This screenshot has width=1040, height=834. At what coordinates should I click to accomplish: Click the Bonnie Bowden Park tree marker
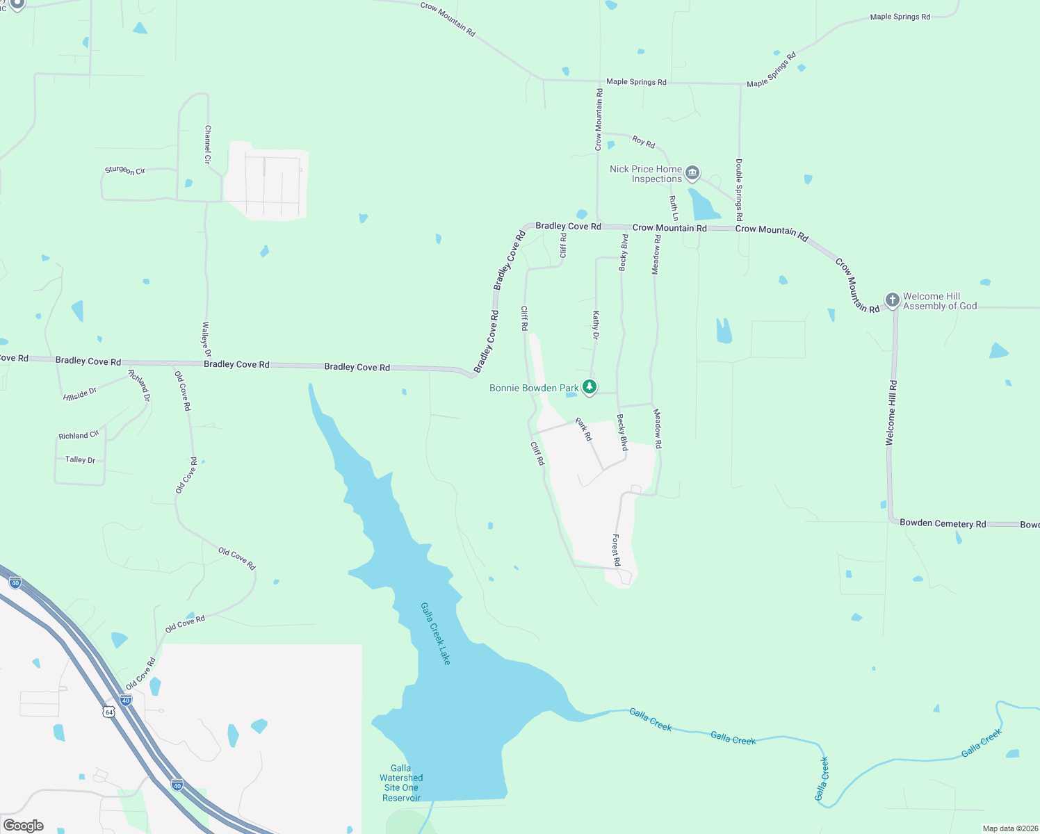coord(590,387)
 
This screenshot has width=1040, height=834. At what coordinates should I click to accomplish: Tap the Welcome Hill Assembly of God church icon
coord(892,300)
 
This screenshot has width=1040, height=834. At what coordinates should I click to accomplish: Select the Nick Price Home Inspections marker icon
coord(692,172)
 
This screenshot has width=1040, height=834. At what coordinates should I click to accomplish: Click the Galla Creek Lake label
coord(436,633)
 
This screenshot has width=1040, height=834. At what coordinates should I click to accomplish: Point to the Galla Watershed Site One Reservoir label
coord(401,783)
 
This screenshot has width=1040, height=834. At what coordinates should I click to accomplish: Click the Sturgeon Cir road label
coord(125,170)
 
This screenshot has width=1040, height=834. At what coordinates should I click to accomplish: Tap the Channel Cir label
coord(208,145)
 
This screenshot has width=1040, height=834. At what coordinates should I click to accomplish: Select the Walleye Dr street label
coord(206,338)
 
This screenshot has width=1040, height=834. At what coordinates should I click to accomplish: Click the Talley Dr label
coord(80,459)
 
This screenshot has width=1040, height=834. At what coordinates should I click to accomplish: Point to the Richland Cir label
coord(79,436)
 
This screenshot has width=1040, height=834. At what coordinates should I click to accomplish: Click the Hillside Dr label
coord(80,394)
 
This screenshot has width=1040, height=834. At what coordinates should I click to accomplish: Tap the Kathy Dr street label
coord(596,325)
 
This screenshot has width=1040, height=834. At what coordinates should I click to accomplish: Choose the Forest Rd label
coord(616,550)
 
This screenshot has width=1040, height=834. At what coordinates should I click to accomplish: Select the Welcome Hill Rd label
coord(891,413)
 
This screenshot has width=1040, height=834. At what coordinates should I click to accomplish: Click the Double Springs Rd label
coord(739,190)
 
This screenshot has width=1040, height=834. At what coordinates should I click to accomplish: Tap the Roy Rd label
coord(643,142)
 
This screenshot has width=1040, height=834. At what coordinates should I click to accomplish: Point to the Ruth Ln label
coord(673,208)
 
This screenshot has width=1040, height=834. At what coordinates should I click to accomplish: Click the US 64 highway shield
coord(108,712)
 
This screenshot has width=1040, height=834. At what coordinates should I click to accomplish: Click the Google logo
coord(24,826)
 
